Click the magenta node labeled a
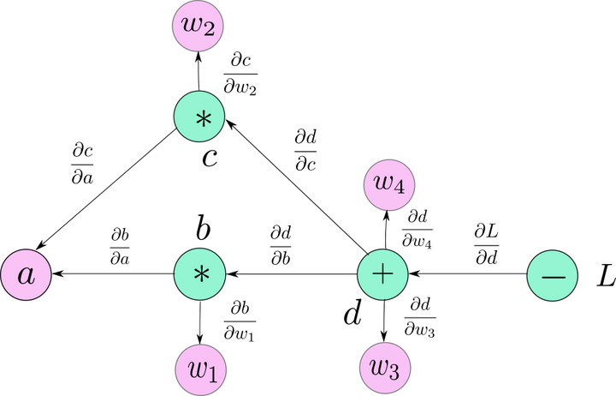[26, 275]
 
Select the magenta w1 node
[201, 369]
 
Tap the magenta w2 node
[198, 26]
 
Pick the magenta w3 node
[385, 368]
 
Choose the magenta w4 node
[389, 184]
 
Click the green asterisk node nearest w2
[199, 117]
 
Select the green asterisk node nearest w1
[199, 274]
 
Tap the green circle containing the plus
[382, 275]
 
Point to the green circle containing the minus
[552, 276]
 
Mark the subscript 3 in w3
[394, 372]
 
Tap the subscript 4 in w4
[400, 188]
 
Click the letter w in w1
[197, 369]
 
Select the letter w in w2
[193, 25]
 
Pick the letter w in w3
[380, 367]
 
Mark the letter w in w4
[384, 183]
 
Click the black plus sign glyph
[382, 274]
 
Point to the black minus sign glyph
[553, 278]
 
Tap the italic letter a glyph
[27, 276]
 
